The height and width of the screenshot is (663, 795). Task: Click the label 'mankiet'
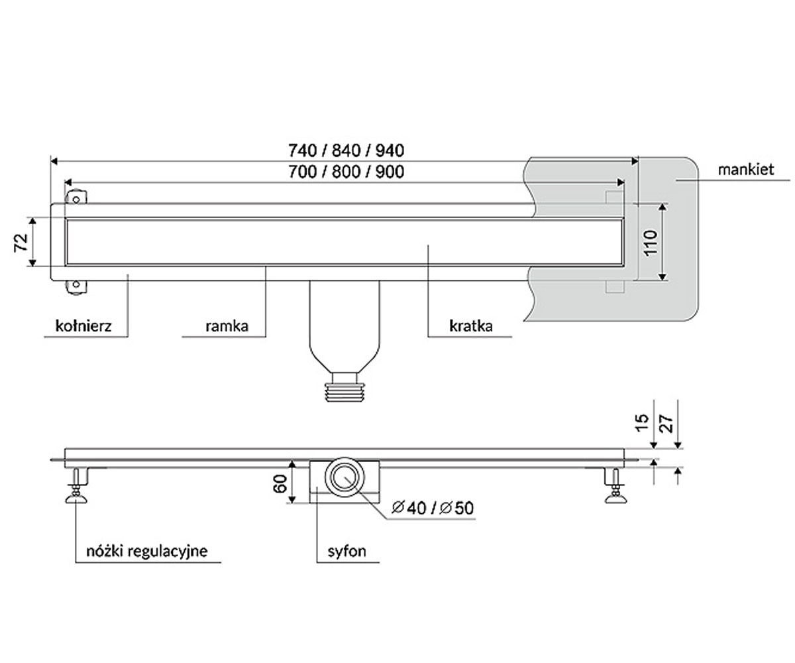[745, 170]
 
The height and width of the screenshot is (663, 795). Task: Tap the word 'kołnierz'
[83, 326]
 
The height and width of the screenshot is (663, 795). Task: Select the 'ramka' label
[227, 326]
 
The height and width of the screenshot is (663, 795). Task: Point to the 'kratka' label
[470, 326]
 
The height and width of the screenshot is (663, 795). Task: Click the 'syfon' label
[346, 552]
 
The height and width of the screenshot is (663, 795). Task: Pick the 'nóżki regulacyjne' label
[146, 552]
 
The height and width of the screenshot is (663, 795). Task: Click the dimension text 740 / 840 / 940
[346, 151]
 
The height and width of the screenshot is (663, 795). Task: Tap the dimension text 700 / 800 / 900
[346, 172]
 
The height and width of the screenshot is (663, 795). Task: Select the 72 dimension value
[21, 242]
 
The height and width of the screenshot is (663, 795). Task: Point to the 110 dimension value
[651, 243]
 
